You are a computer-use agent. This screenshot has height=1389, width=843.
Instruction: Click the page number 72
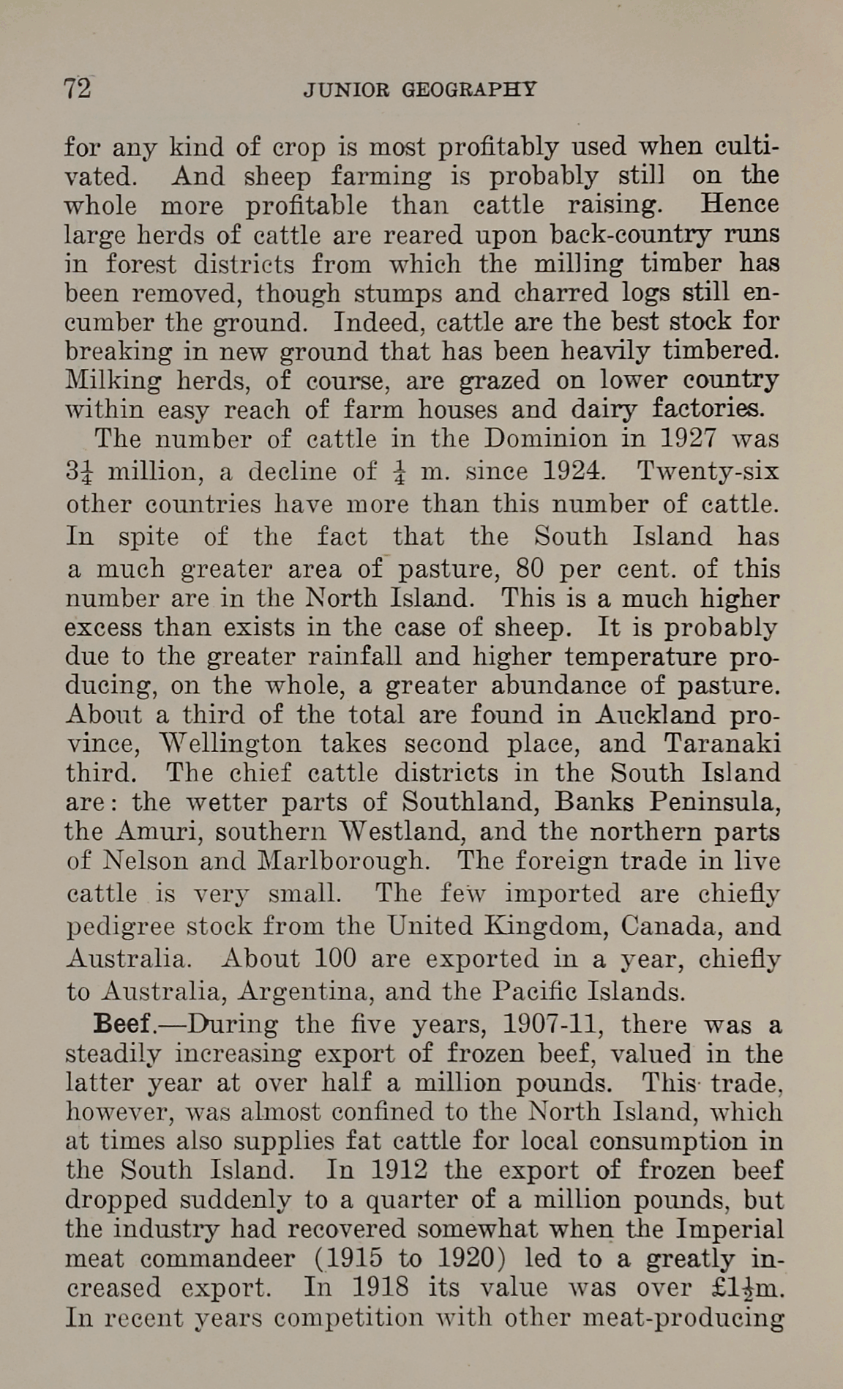78,89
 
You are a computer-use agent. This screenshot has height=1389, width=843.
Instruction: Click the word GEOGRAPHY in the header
469,90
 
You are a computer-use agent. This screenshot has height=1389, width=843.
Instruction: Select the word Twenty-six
708,471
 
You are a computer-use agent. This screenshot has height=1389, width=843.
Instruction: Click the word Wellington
230,744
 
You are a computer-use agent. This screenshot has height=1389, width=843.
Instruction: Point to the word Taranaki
722,744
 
